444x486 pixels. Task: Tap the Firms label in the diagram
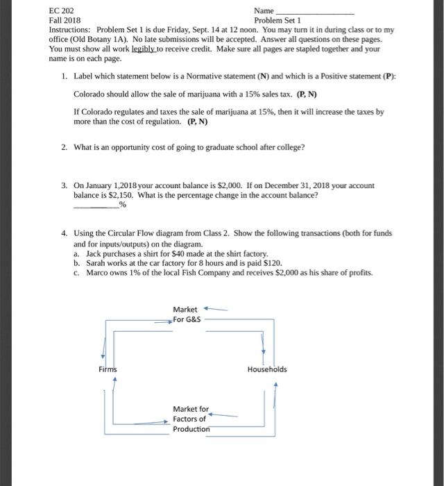[x=108, y=369]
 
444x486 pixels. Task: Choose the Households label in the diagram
[x=266, y=369]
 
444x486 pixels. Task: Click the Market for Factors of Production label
[x=190, y=419]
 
